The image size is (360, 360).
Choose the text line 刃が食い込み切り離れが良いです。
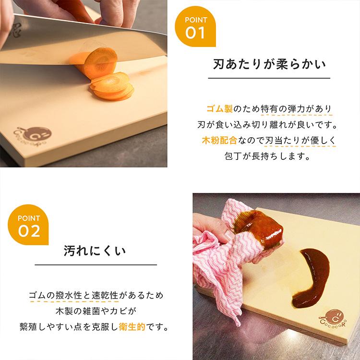pyautogui.click(x=269, y=125)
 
